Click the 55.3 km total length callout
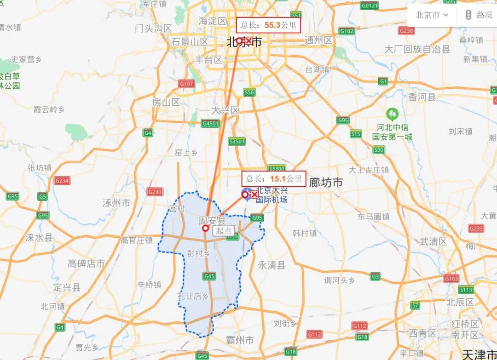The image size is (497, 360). tap(268, 25)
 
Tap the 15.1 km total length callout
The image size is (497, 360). tap(274, 178)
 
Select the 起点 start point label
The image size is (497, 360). tap(224, 231)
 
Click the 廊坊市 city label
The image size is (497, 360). tap(326, 183)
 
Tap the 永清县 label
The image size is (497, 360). tap(272, 265)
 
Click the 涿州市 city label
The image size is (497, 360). tap(117, 202)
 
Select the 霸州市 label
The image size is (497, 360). tap(239, 341)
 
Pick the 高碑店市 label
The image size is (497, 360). tap(87, 263)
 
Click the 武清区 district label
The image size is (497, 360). tap(433, 241)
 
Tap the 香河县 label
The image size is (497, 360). tap(422, 97)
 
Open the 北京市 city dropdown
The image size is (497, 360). tap(432, 15)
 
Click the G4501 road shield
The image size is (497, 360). tap(210, 124)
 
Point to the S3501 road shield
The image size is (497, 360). tap(237, 141)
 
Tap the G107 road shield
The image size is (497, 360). tap(186, 84)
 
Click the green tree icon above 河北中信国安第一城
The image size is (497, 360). tap(392, 113)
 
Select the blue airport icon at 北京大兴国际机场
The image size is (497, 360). tap(246, 193)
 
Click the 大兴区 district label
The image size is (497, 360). tap(225, 111)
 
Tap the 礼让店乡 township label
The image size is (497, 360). tap(193, 296)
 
